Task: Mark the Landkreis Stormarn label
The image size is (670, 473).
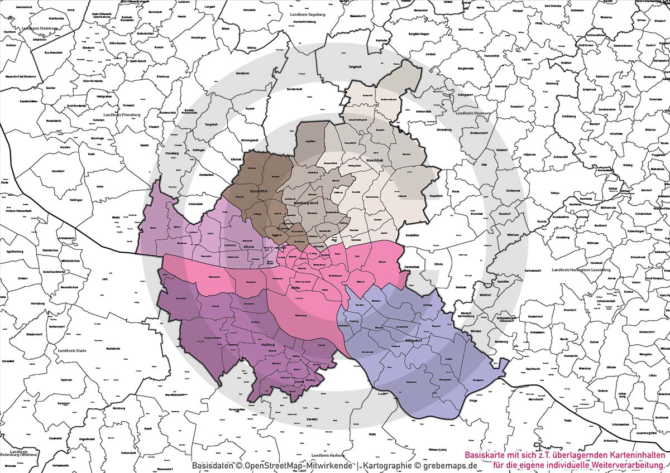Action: [472, 113]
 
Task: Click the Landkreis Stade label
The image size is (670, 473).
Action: [73, 351]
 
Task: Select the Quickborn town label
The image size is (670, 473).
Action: [242, 73]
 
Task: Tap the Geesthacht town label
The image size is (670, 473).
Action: [533, 369]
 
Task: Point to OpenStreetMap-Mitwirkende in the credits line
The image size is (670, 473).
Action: [298, 465]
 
